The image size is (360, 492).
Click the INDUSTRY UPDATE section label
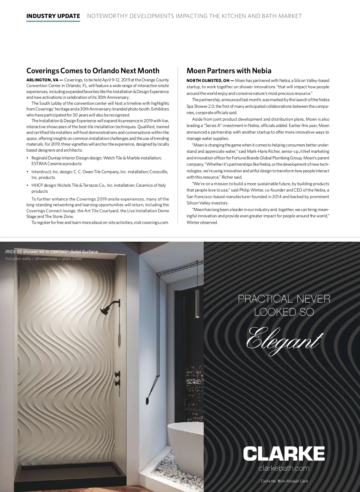click(53, 16)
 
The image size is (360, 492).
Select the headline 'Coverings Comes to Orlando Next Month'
click(93, 71)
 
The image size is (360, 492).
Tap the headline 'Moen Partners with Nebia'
click(229, 71)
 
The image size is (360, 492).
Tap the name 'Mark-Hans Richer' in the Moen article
click(263, 152)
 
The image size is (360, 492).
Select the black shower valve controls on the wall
click(118, 379)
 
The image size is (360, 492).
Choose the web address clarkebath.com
click(283, 468)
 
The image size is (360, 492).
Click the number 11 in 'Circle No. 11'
click(279, 481)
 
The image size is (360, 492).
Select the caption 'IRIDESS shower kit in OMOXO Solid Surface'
click(52, 252)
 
